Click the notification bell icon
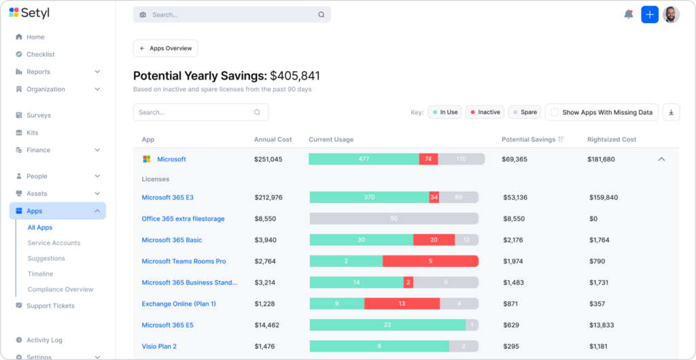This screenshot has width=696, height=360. (x=628, y=14)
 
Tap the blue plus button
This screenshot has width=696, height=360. (x=649, y=15)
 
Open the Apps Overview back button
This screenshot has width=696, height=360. (x=166, y=48)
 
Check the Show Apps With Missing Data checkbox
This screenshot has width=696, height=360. (x=555, y=112)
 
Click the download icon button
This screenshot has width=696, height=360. (x=671, y=112)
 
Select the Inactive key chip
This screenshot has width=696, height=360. (x=485, y=112)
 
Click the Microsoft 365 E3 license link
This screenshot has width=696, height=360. (x=168, y=197)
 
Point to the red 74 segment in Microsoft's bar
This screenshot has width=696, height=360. (x=428, y=159)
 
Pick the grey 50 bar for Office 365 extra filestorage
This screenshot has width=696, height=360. (x=394, y=219)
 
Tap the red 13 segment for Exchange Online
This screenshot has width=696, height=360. (x=402, y=304)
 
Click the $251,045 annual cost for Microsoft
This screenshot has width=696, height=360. (x=268, y=159)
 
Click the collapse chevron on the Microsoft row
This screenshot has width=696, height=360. (x=661, y=159)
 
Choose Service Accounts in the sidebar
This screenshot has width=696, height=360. (x=54, y=243)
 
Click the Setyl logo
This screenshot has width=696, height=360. (x=29, y=13)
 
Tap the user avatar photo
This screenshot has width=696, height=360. (x=671, y=15)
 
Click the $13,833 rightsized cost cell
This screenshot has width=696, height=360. (x=602, y=325)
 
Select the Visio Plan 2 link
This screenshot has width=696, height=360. (x=159, y=346)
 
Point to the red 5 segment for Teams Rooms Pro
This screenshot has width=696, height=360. (x=430, y=261)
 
